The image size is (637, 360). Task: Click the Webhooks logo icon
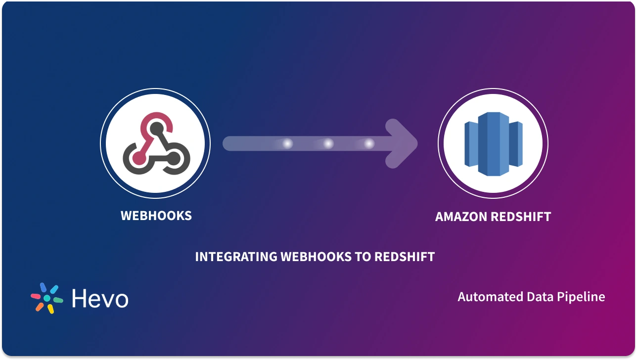155,144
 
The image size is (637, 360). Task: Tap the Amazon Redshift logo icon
493,144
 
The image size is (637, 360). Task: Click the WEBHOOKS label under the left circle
156,216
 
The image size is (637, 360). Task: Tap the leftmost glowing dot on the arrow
287,144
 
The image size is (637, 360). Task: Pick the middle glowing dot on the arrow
328,144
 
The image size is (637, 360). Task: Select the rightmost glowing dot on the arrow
369,144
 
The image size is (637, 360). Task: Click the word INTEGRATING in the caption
235,257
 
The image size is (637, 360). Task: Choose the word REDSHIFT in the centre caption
405,257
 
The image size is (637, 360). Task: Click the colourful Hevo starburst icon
47,298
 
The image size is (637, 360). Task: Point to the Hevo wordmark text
100,299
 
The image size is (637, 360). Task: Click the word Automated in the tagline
487,297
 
